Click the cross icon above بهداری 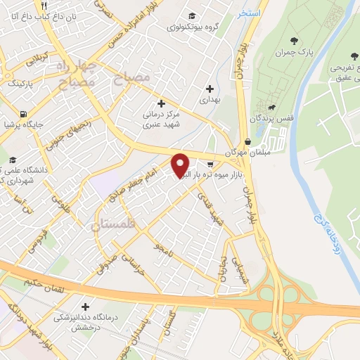click(209, 89)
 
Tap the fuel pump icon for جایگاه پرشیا click(25, 113)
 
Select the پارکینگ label click(22, 83)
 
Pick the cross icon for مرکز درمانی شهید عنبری click(162, 103)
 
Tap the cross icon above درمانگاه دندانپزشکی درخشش click(86, 307)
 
